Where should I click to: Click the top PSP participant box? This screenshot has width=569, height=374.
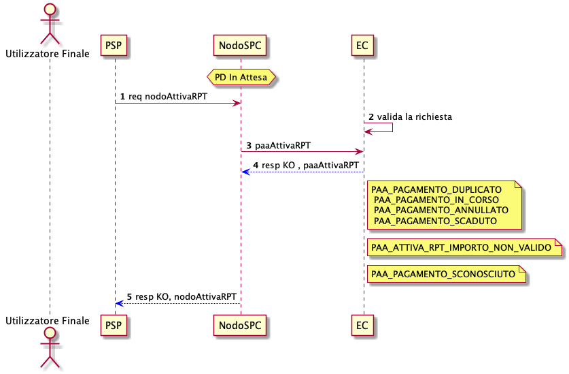[114, 46]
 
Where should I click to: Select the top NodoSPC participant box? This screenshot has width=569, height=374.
[240, 46]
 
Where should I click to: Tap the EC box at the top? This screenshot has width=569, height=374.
[362, 46]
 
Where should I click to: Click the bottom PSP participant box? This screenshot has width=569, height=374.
[114, 325]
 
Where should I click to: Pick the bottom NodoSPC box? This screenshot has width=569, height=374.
[240, 325]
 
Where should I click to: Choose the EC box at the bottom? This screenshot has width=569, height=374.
[362, 325]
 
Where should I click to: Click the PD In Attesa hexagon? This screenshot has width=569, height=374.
[241, 77]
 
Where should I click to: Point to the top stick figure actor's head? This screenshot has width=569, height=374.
[50, 10]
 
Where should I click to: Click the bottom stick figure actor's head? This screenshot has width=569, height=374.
[50, 333]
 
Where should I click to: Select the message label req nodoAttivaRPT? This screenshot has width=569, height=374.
[168, 97]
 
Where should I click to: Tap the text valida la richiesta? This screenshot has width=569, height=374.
[415, 116]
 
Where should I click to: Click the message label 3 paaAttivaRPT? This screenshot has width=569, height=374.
[279, 146]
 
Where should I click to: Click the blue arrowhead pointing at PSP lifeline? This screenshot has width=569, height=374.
[120, 303]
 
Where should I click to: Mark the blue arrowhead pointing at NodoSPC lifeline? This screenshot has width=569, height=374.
[245, 172]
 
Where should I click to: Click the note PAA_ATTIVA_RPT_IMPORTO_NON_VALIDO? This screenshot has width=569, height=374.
[465, 247]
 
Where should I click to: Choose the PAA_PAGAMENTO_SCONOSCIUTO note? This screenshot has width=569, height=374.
[447, 274]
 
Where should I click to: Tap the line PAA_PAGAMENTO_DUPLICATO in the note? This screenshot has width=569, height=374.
[436, 189]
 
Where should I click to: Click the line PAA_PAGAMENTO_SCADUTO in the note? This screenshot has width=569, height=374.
[436, 221]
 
